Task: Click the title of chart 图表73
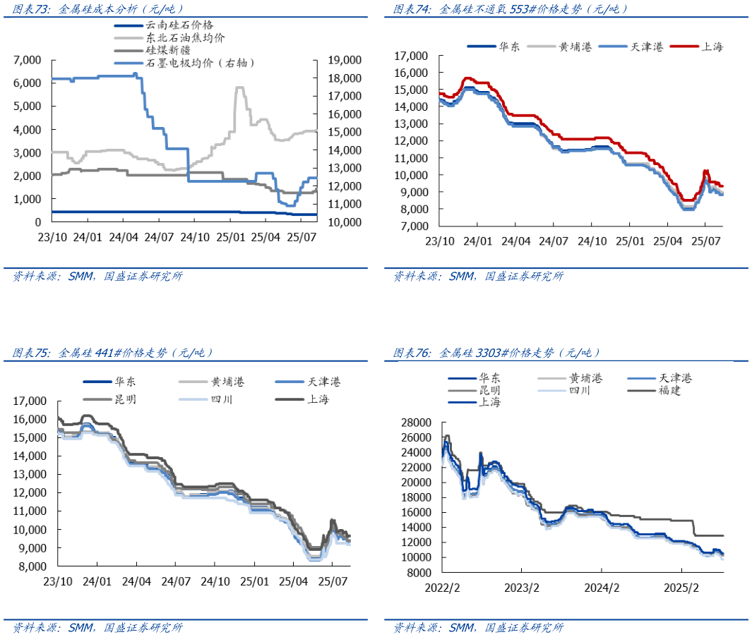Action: pyautogui.click(x=99, y=9)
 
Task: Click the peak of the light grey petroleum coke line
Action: pyautogui.click(x=239, y=88)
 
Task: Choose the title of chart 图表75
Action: pyautogui.click(x=113, y=352)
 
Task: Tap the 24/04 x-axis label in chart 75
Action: pyautogui.click(x=136, y=582)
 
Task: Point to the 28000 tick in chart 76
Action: pyautogui.click(x=415, y=423)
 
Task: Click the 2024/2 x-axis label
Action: pyautogui.click(x=602, y=587)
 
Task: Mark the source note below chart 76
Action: pyautogui.click(x=478, y=628)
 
